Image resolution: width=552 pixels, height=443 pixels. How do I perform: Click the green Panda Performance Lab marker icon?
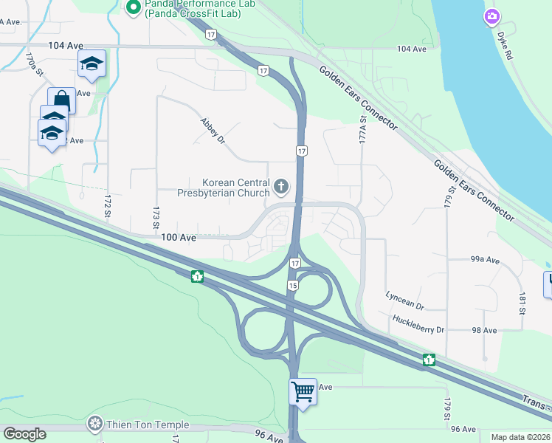134,8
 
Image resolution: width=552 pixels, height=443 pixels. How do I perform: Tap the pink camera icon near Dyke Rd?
492,16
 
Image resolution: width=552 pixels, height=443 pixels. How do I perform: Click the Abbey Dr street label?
213,131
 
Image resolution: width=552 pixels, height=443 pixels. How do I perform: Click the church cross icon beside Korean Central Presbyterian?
280,186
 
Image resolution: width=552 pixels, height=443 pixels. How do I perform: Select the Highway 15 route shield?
293,285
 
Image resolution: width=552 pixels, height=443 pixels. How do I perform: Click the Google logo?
24,434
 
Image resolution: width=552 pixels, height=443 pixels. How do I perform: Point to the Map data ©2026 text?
520,437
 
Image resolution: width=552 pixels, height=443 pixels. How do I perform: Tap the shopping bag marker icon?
61,99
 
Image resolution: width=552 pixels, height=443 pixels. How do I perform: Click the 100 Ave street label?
179,238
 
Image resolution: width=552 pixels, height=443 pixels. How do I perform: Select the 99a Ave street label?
485,260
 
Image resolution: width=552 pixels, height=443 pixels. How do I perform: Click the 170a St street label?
30,58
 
